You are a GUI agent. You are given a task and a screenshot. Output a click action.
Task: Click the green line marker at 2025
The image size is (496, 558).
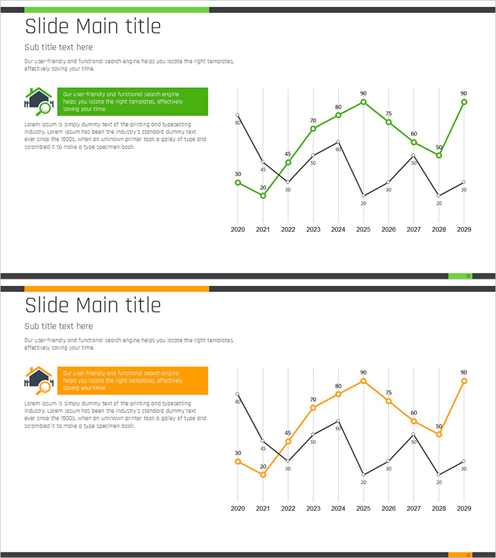click(x=363, y=102)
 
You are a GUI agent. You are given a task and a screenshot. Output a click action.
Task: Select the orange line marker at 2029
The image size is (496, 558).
click(x=464, y=381)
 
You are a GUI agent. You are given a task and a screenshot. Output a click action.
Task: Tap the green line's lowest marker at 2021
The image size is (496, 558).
click(x=263, y=196)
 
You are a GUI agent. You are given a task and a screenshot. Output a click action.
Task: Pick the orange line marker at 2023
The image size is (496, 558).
click(x=313, y=407)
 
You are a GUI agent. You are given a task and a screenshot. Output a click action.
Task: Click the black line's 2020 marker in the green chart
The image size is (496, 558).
click(x=237, y=115)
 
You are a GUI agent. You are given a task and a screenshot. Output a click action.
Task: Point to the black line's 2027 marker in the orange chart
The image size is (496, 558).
click(x=414, y=434)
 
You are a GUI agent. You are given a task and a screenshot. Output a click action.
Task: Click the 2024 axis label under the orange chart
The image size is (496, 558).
click(x=338, y=508)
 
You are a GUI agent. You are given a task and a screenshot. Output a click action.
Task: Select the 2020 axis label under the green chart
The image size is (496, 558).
click(x=238, y=229)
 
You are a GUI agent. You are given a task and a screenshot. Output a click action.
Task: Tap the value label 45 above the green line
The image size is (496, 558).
click(x=288, y=154)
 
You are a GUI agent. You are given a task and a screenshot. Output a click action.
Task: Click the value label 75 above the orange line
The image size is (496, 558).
click(x=388, y=392)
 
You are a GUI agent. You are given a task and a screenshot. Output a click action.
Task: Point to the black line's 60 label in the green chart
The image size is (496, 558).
click(x=338, y=149)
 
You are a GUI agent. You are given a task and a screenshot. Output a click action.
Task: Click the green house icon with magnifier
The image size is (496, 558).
click(x=38, y=101)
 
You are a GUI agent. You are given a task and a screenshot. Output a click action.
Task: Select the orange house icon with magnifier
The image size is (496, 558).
click(x=38, y=380)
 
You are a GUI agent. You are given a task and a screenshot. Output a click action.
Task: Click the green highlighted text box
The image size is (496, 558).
click(x=133, y=101)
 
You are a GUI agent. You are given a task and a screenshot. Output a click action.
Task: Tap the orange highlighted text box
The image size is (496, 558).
click(x=133, y=380)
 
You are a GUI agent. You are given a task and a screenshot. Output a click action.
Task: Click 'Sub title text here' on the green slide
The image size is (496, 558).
click(x=58, y=47)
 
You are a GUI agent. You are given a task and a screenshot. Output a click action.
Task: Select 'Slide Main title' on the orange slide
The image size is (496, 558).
click(x=92, y=305)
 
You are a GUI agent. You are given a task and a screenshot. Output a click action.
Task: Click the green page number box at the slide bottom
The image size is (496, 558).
click(x=460, y=276)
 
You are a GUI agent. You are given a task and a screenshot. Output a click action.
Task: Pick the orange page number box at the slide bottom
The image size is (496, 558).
click(x=460, y=555)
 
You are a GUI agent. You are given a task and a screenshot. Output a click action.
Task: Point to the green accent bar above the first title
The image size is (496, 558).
click(x=117, y=10)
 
